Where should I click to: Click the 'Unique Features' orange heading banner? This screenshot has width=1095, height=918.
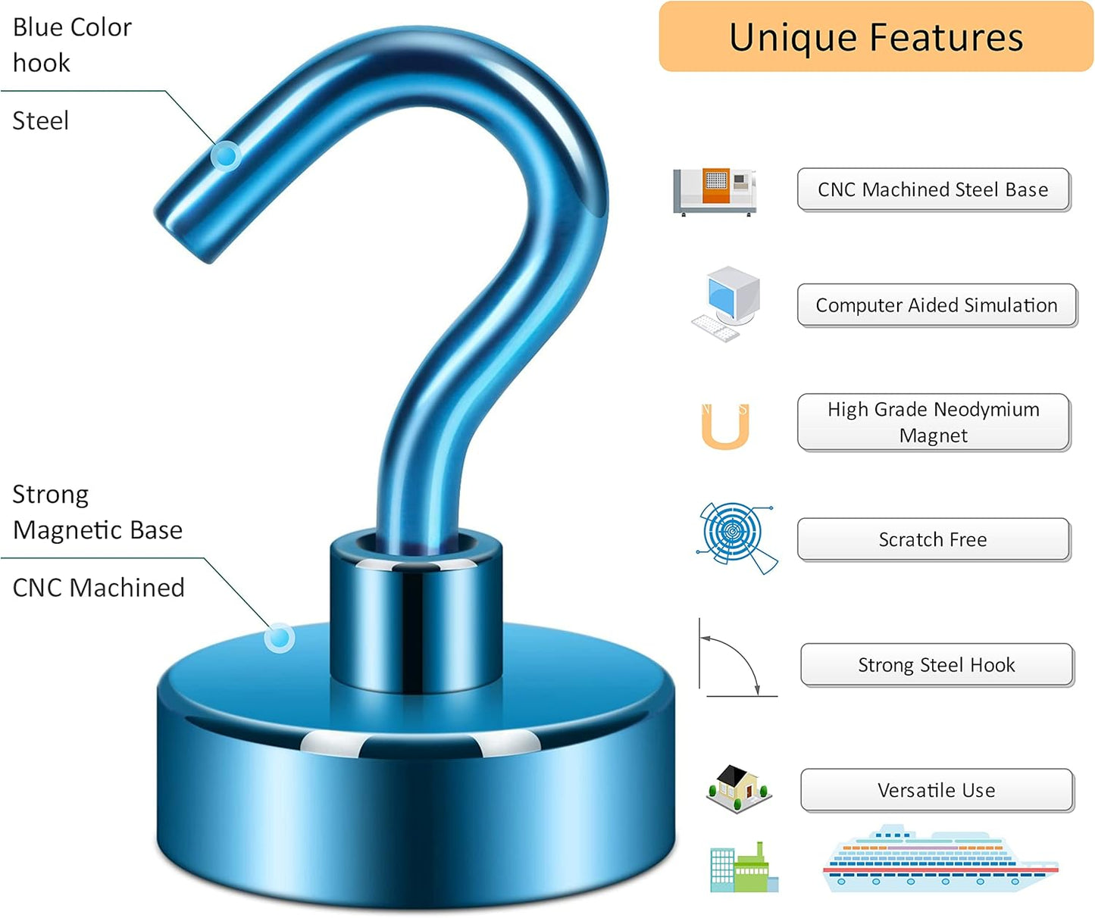[876, 36]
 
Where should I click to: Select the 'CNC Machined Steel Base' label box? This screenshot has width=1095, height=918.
[934, 190]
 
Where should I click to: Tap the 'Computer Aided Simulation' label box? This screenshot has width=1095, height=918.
[937, 306]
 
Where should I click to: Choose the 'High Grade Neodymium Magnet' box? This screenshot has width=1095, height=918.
[934, 423]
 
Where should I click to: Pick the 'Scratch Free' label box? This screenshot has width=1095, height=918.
[934, 540]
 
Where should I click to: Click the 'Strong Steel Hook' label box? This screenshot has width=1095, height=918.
[937, 665]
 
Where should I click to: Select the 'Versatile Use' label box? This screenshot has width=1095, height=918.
[937, 791]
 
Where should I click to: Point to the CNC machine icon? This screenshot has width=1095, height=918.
[715, 192]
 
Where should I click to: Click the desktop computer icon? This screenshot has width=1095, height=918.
[726, 304]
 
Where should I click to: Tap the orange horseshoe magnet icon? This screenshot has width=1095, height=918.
[725, 426]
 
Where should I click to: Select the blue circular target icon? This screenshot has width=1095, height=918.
[737, 538]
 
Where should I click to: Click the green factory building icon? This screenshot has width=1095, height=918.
[744, 868]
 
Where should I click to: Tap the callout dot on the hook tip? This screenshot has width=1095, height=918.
[226, 156]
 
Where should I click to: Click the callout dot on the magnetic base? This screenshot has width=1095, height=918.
[280, 638]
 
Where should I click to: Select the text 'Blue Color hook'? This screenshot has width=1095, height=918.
[73, 45]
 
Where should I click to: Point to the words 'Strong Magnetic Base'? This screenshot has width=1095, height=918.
[98, 512]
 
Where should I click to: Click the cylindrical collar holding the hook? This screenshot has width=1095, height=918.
[416, 610]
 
